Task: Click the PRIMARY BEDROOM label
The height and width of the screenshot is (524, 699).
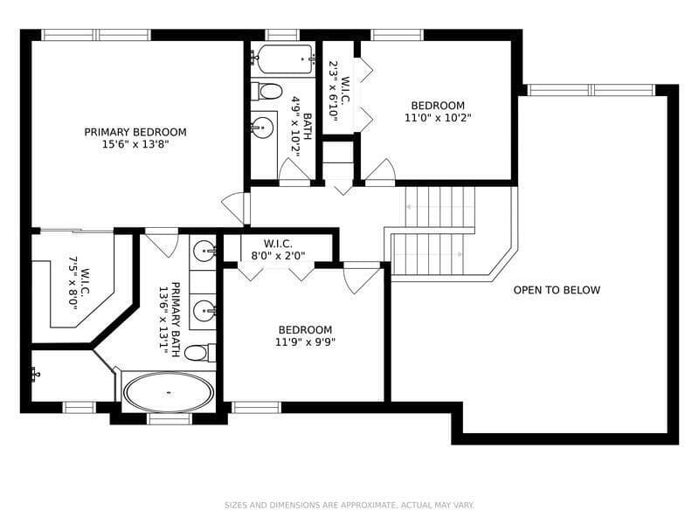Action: [135, 132]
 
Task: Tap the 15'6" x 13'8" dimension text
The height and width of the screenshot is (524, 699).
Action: [135, 144]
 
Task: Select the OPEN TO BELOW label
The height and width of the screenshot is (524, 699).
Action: [557, 290]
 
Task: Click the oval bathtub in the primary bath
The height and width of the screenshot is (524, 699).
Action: [169, 392]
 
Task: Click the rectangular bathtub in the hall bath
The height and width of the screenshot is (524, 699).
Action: [282, 59]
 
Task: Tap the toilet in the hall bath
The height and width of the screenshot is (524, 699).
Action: [266, 92]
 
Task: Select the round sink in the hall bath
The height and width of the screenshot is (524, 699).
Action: [261, 127]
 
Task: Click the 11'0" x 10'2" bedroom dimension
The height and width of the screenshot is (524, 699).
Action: [438, 118]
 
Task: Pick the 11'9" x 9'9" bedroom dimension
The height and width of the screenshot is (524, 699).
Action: [305, 342]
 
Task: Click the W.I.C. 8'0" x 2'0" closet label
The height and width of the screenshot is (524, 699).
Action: [278, 250]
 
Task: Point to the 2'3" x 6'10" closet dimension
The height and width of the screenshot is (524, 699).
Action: [333, 90]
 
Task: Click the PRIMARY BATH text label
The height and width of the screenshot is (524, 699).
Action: [176, 320]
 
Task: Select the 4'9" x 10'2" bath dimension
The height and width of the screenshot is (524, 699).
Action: [296, 127]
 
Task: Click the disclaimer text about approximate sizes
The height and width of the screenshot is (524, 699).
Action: [349, 505]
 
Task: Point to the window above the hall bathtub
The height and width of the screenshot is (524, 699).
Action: [282, 35]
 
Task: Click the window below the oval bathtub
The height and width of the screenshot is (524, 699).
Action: [170, 419]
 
